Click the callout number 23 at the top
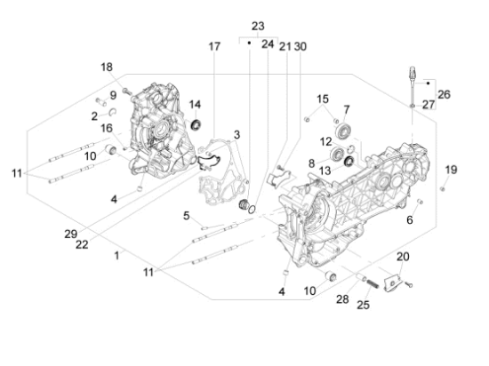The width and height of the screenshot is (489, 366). [x=259, y=25]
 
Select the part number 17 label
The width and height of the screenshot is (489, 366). [x=214, y=46]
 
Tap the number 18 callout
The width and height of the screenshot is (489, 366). [x=107, y=68]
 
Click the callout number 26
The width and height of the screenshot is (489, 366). [x=445, y=93]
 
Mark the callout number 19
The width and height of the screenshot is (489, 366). [x=451, y=170]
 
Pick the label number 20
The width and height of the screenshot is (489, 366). [x=403, y=257]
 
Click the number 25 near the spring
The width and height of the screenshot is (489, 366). [x=362, y=305]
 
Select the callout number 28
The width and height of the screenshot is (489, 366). [x=344, y=300]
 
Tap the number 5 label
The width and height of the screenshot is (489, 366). [x=187, y=215]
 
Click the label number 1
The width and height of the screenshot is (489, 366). [x=116, y=256]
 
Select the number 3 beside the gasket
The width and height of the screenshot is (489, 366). [x=236, y=135]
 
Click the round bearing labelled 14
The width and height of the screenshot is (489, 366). [x=196, y=121]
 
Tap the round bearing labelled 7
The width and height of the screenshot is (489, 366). [x=342, y=134]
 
